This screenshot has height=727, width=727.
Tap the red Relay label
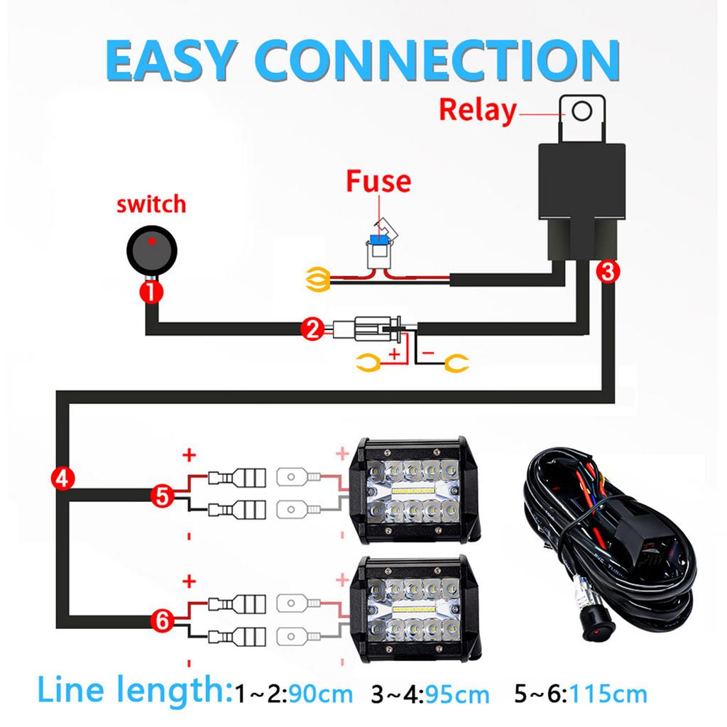477,110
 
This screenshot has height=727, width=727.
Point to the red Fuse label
378,181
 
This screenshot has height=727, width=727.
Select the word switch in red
151,205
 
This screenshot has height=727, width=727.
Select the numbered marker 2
311,328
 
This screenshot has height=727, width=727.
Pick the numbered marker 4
61,477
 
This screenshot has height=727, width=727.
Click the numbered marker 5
163,496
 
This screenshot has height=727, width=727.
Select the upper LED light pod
410,491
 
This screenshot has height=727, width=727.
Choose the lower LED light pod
410,607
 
